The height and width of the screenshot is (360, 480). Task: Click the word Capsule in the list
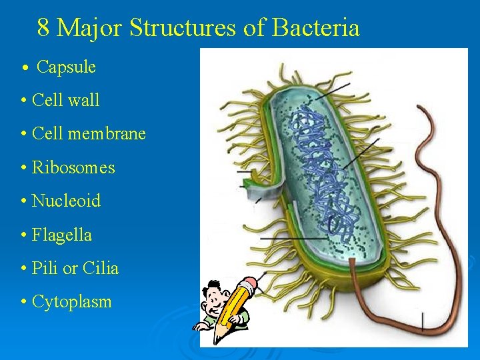(66, 67)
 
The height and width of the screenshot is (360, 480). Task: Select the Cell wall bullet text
(65, 100)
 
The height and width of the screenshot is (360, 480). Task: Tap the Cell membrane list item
(89, 133)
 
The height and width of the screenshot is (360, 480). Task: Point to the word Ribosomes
(73, 167)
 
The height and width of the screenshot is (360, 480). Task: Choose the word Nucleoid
(66, 201)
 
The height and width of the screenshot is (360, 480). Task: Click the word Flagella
(62, 235)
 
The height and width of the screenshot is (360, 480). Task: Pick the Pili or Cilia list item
(75, 268)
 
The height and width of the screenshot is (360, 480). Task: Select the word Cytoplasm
(71, 302)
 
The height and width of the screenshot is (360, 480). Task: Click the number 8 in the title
(43, 28)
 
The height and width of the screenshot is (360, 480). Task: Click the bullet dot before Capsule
(25, 67)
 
